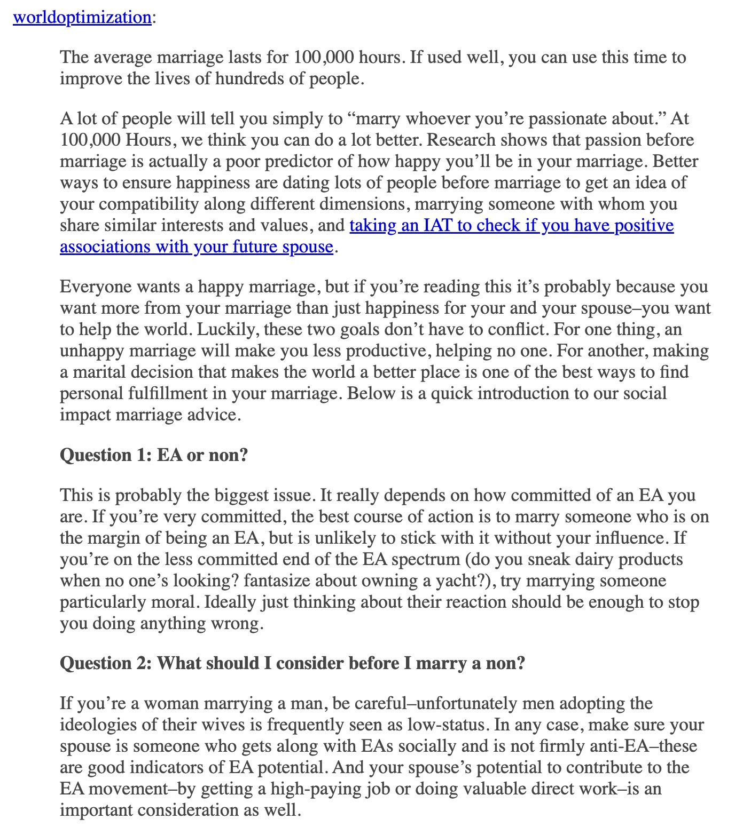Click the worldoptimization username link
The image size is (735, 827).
82,17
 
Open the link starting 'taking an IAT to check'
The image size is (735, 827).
511,225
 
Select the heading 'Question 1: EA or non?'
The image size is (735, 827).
154,455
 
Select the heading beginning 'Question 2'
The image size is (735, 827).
293,663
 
